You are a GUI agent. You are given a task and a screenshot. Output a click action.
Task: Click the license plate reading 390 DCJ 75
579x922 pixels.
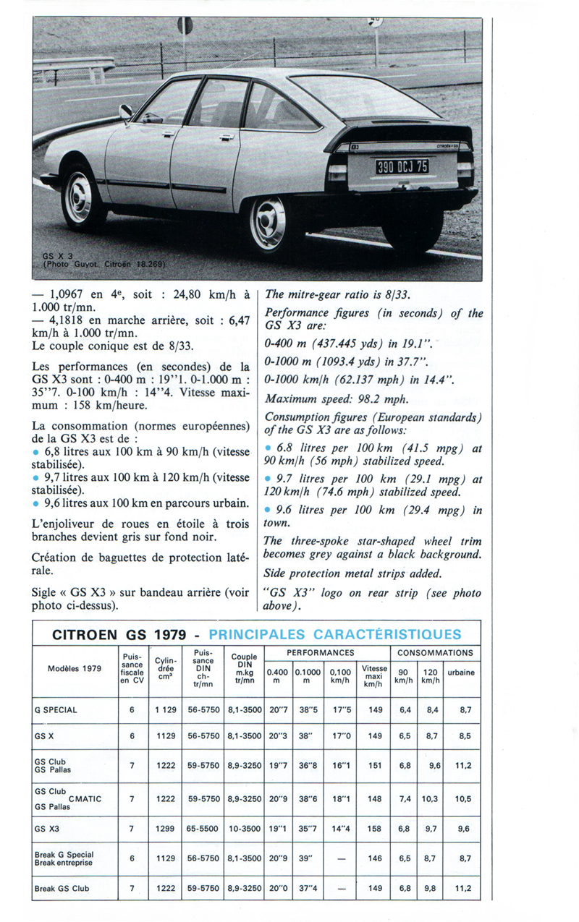[402, 166]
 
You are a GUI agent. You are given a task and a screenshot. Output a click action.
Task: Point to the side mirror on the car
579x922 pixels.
[126, 111]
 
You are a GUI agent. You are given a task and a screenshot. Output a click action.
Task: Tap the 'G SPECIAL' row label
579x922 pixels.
[56, 709]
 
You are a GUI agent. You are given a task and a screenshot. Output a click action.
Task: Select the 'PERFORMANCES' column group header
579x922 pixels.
[320, 652]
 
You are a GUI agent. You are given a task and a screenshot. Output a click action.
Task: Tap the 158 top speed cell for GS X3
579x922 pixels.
[374, 829]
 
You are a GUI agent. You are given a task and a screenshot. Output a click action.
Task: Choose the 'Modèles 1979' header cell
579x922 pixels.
[75, 668]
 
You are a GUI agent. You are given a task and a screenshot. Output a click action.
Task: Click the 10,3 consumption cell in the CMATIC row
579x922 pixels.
[430, 799]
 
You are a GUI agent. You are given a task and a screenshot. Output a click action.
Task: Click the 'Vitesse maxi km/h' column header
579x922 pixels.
[374, 676]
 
